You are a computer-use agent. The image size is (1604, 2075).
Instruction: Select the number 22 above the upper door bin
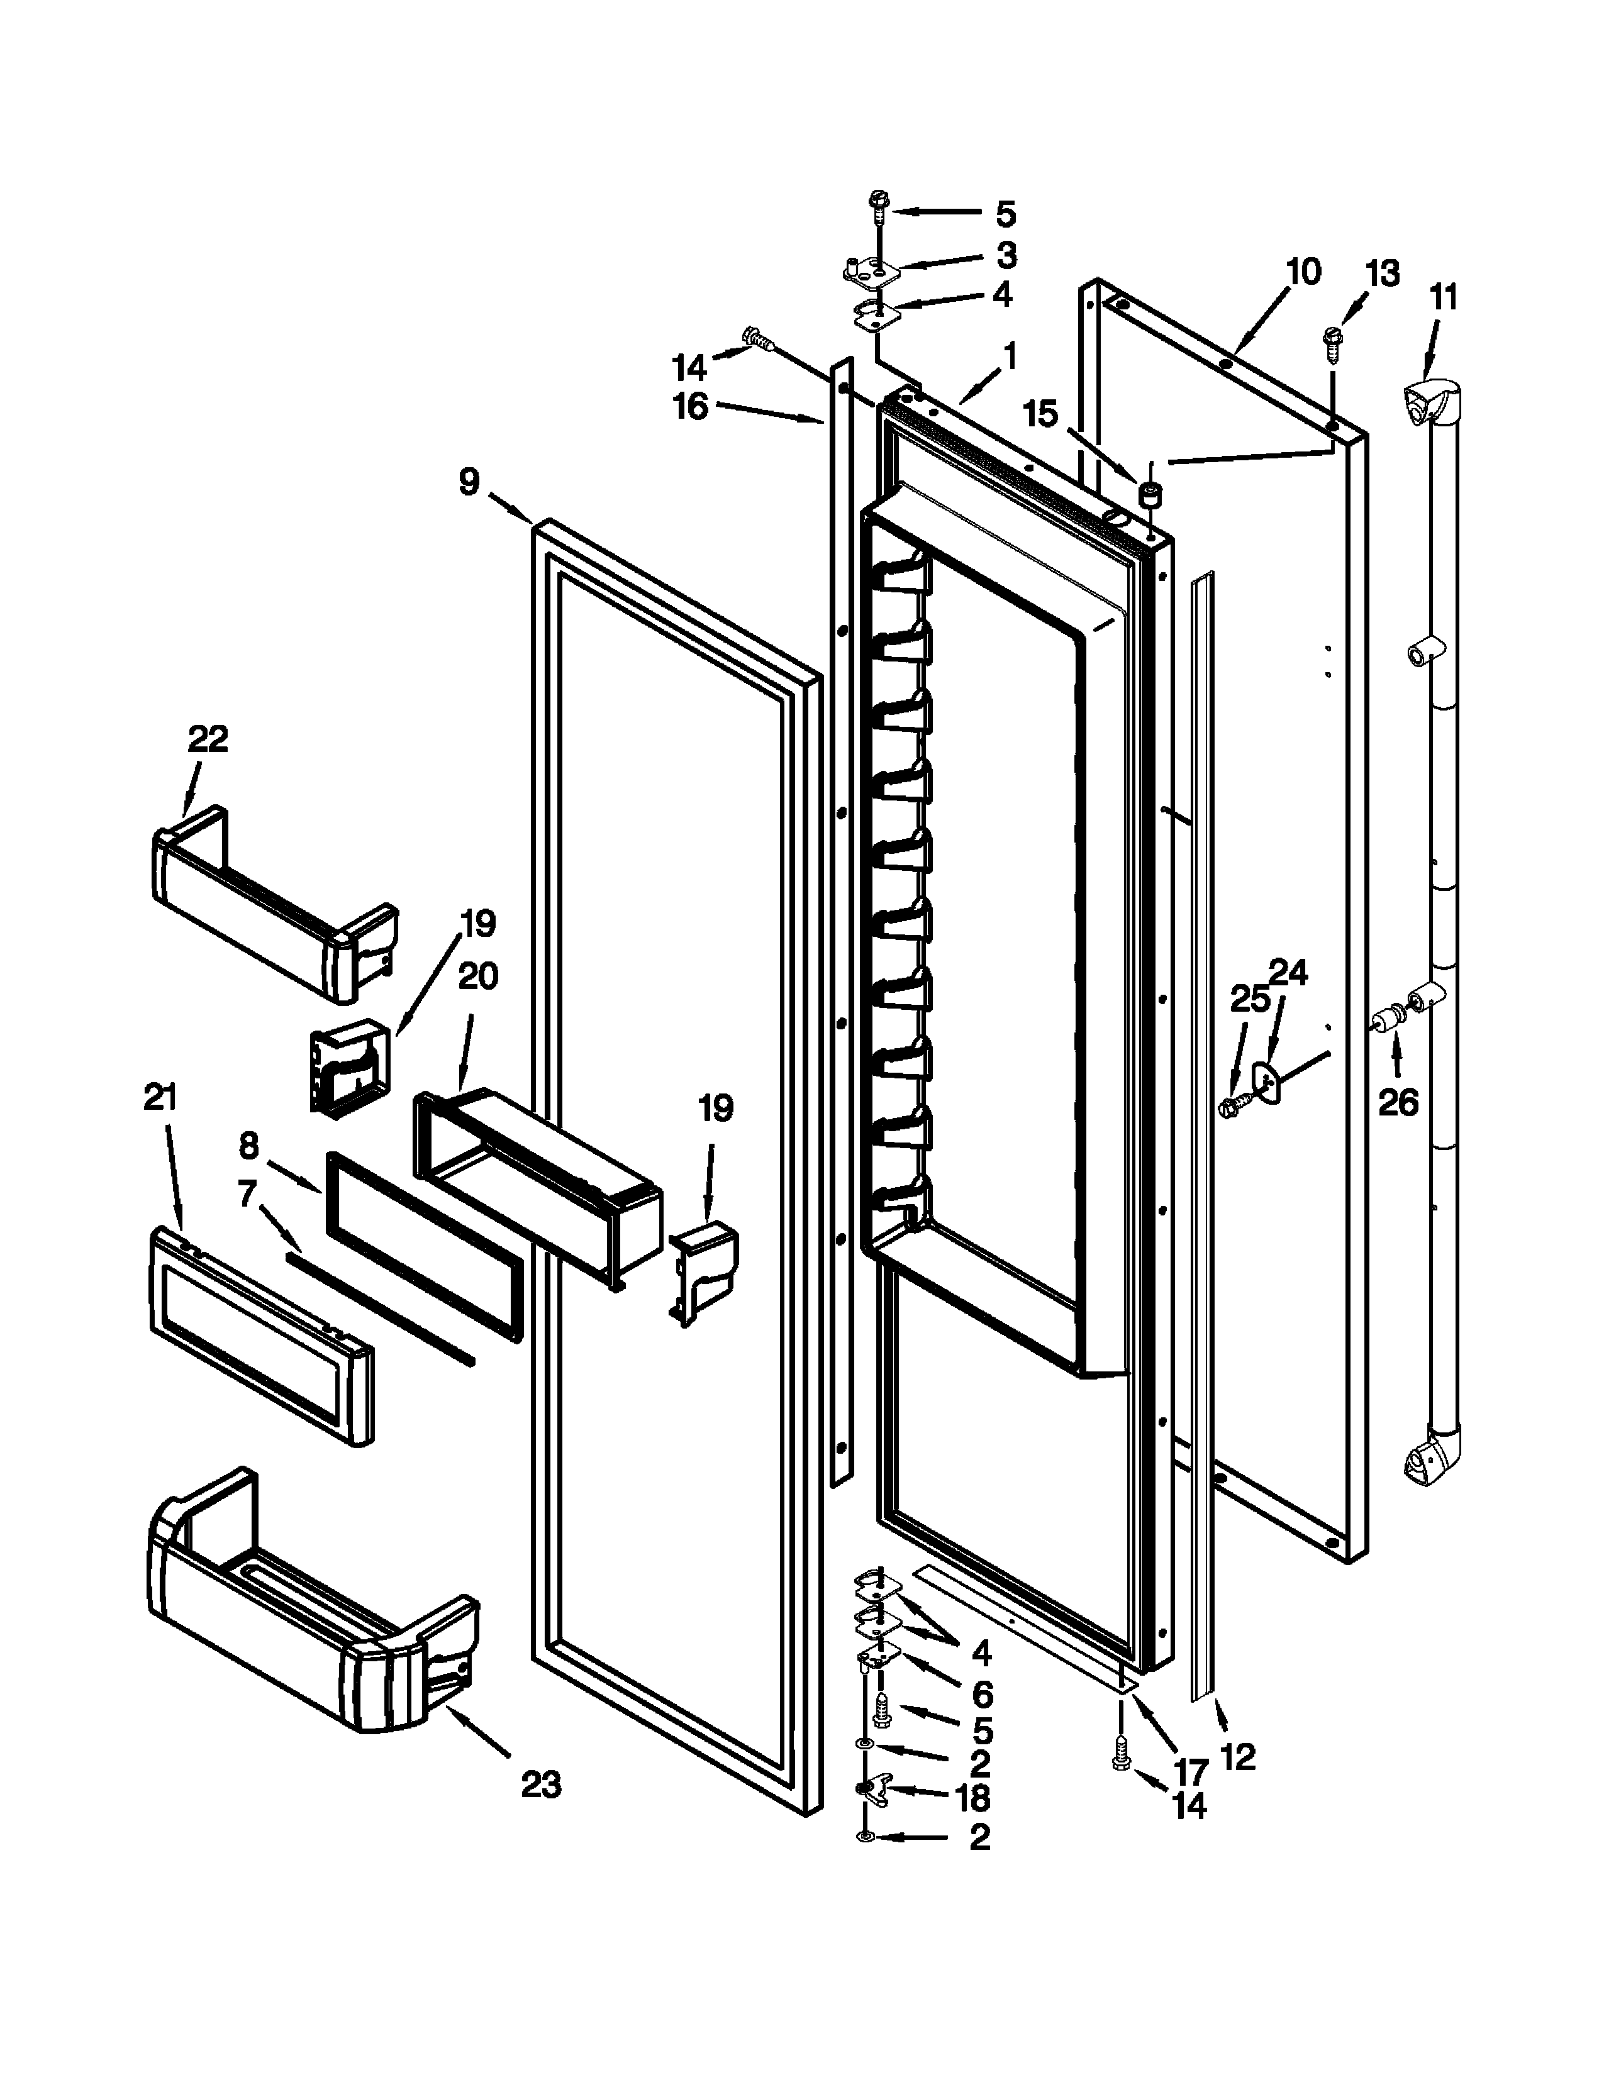(208, 738)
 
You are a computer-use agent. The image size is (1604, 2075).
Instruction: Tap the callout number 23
(542, 1784)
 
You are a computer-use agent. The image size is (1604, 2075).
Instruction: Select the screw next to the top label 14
(757, 337)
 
